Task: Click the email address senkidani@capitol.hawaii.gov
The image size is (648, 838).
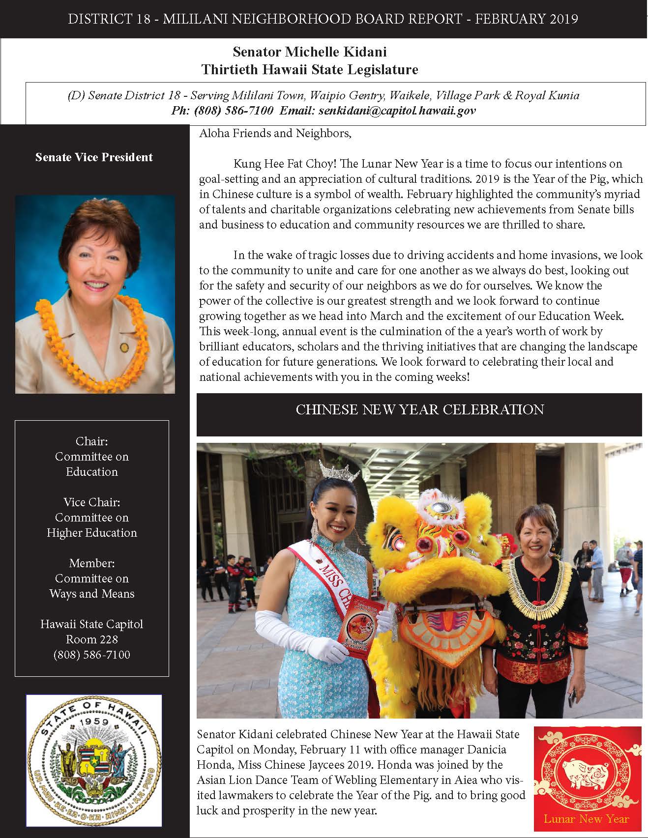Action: (397, 111)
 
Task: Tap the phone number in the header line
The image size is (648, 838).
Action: (222, 111)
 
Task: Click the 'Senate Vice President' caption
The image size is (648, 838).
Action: (94, 157)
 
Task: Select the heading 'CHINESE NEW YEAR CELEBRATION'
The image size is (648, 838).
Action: (419, 410)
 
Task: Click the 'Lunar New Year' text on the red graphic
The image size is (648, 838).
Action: (586, 818)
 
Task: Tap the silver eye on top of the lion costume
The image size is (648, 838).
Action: (437, 508)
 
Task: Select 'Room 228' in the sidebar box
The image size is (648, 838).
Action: (92, 639)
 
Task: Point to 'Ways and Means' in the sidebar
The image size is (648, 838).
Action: (92, 594)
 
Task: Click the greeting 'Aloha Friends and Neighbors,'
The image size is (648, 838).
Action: (275, 133)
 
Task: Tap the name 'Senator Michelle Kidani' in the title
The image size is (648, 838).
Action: (309, 52)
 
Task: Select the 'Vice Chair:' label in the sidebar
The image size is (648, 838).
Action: (92, 502)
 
